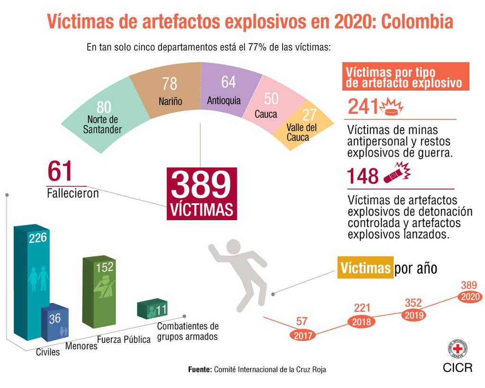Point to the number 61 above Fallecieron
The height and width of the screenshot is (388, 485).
click(60, 171)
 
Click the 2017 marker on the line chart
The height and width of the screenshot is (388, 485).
click(302, 335)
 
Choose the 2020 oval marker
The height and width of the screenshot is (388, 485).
click(470, 297)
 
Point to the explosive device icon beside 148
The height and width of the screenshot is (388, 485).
click(397, 173)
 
